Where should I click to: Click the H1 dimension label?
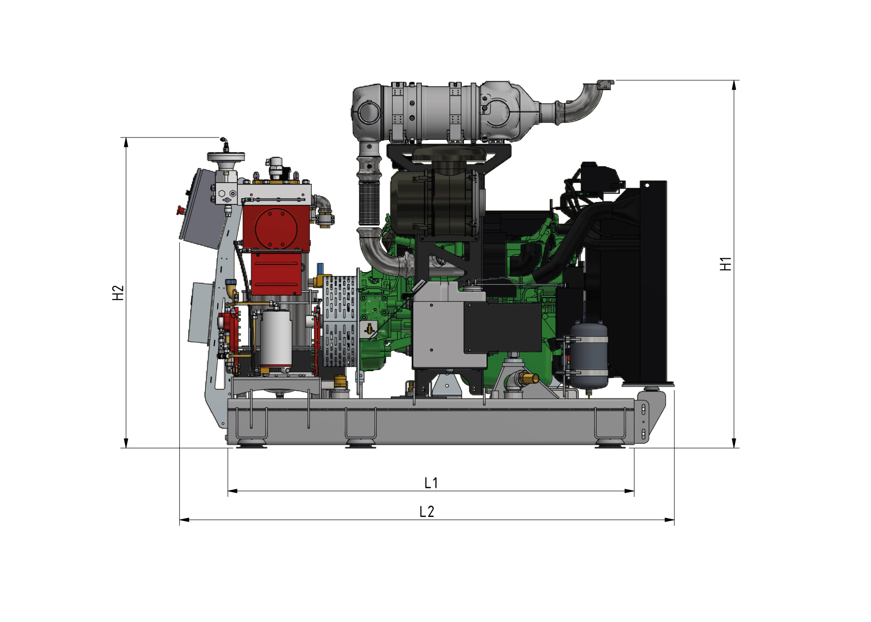[x=725, y=264]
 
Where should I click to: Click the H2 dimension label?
[x=118, y=293]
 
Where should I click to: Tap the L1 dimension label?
[x=431, y=483]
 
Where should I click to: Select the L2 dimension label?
[x=427, y=512]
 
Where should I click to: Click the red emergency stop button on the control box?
[x=180, y=210]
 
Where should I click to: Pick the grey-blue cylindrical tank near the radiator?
[x=589, y=355]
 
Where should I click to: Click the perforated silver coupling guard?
[x=341, y=321]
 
